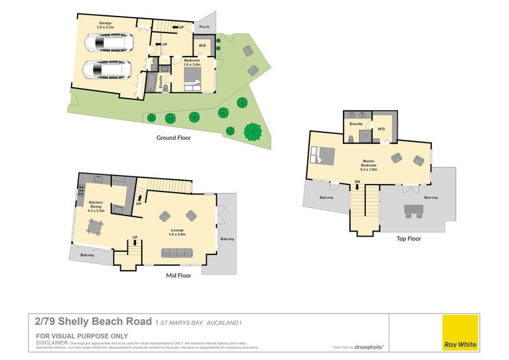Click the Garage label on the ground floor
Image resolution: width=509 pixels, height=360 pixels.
[x=105, y=25]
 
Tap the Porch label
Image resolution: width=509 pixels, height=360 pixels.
[x=204, y=27]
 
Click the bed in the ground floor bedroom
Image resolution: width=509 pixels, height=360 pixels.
[x=193, y=80]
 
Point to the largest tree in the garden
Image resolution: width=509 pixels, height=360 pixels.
[x=253, y=131]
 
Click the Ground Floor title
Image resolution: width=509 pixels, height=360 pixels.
[x=173, y=137]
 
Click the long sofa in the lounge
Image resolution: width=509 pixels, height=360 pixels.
[x=178, y=253]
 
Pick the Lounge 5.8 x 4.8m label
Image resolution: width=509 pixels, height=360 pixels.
[x=178, y=232]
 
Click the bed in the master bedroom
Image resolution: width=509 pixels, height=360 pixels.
[x=323, y=155]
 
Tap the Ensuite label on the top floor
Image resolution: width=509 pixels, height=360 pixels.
[x=356, y=123]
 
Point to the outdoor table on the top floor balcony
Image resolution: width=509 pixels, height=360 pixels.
[x=414, y=211]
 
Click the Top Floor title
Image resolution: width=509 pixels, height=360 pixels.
[x=408, y=239]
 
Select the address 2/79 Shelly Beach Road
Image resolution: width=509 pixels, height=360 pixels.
[x=94, y=322]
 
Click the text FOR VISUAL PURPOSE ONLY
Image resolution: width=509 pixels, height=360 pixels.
[x=81, y=336]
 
